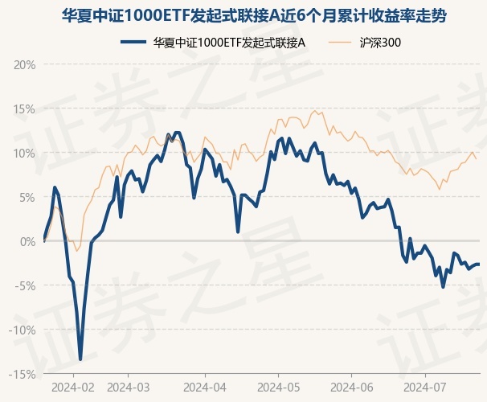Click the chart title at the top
tap(254, 16)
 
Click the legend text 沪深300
tap(380, 43)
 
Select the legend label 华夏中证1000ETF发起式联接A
tap(230, 43)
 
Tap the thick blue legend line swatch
tap(133, 43)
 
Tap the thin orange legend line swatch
tap(340, 43)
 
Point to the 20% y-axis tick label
tap(25, 65)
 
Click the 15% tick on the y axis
tap(25, 109)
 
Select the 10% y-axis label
tap(25, 153)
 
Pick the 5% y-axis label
tap(27, 197)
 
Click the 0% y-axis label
tap(27, 241)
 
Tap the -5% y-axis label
tap(25, 285)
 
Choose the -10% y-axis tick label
tap(22, 330)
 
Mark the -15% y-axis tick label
tap(22, 375)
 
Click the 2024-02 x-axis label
tap(73, 388)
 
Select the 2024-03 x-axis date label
tap(129, 388)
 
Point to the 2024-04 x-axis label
tap(205, 388)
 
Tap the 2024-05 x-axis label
tap(279, 388)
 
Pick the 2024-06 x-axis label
tap(351, 388)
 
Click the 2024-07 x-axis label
tap(424, 388)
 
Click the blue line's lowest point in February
tap(80, 359)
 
